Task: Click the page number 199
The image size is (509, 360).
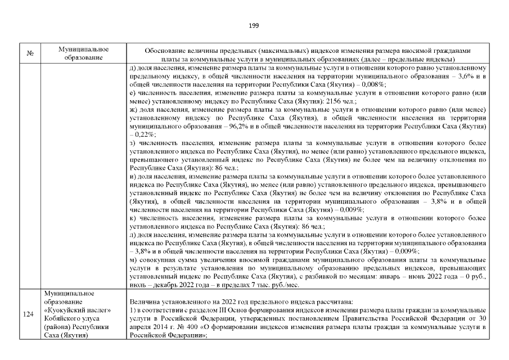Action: pos(253,25)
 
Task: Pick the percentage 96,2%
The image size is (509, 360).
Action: pos(242,127)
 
